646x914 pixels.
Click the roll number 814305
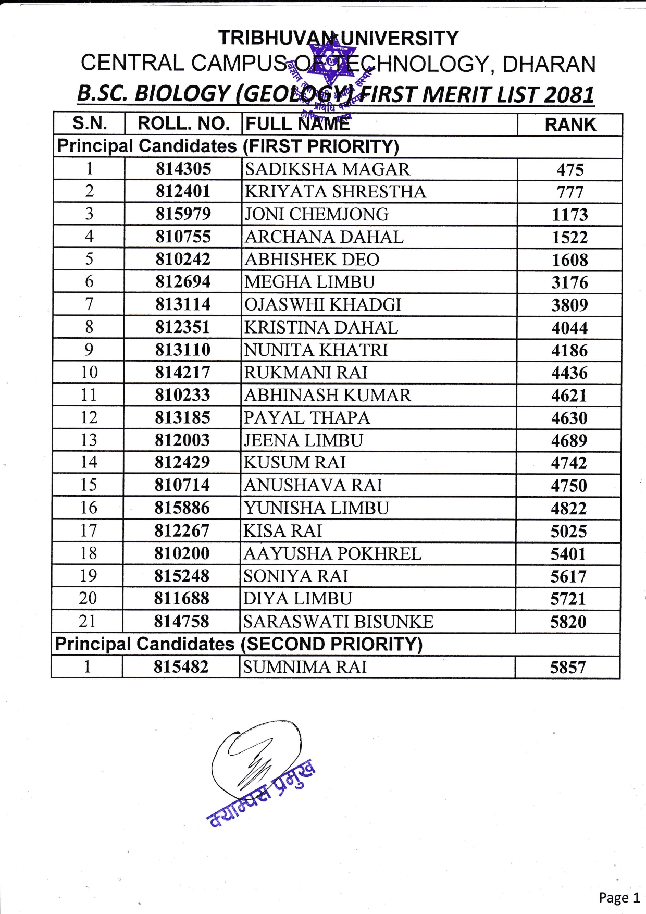(x=183, y=169)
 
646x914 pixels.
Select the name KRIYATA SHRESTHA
(x=335, y=192)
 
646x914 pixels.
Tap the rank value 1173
(x=570, y=215)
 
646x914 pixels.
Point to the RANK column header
(x=570, y=125)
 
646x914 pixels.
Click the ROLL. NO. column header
(x=183, y=123)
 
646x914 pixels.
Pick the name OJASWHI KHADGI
(x=322, y=305)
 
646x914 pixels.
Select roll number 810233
(x=182, y=395)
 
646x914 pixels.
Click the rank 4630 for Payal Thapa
(x=569, y=418)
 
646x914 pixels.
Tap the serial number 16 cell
(x=88, y=508)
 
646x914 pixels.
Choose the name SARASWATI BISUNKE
(x=338, y=622)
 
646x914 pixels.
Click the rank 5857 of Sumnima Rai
(x=568, y=668)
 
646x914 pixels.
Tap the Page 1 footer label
(x=619, y=897)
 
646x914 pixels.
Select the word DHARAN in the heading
(x=549, y=64)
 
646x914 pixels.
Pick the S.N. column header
(x=90, y=123)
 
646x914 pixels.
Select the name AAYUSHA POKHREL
(x=332, y=553)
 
